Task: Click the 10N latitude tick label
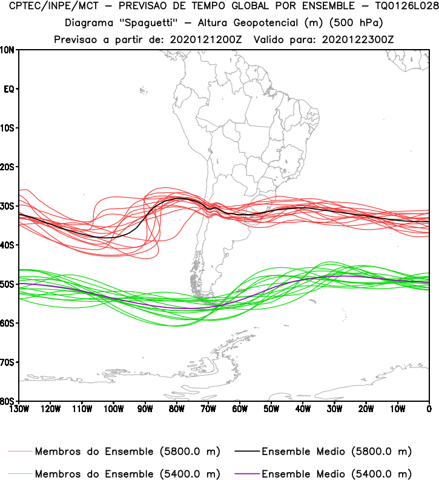click(x=8, y=50)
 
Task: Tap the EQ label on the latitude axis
click(x=9, y=89)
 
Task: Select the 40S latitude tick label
click(x=8, y=245)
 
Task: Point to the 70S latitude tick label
click(x=8, y=362)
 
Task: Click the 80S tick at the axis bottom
click(x=8, y=401)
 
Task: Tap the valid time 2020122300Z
click(x=348, y=39)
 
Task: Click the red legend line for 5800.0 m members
click(x=21, y=452)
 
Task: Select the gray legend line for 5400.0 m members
click(x=21, y=473)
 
